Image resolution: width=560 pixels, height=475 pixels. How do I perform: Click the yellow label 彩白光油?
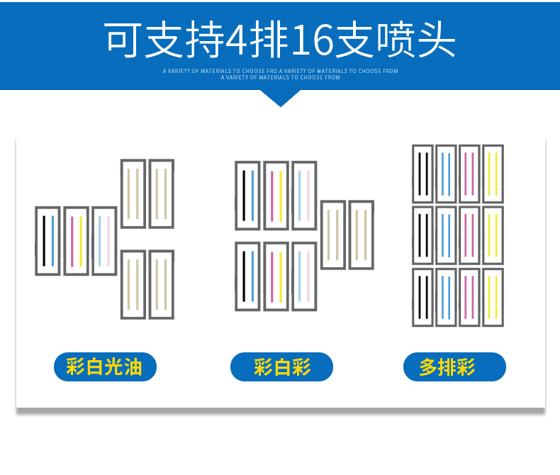[104, 367]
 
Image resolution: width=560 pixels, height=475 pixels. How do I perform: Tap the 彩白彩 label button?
[281, 367]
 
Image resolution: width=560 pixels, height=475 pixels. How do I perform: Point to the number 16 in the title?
[311, 41]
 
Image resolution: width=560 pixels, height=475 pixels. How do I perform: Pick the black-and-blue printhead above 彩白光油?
[47, 241]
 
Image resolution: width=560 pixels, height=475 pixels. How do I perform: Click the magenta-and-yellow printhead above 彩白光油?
[76, 241]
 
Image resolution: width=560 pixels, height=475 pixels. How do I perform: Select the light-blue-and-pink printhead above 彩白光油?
[104, 241]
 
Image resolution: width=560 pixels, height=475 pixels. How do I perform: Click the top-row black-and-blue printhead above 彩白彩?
[247, 195]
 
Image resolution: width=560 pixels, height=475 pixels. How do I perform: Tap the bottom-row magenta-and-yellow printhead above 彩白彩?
[276, 276]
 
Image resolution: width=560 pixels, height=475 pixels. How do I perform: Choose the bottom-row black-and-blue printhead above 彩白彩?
[247, 276]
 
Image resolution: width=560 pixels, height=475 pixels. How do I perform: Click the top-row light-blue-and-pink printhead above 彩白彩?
[304, 195]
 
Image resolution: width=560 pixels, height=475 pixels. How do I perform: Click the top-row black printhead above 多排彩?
[422, 174]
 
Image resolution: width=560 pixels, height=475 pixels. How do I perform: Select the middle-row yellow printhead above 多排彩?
[493, 235]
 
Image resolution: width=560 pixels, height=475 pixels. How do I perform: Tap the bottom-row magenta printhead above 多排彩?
[469, 297]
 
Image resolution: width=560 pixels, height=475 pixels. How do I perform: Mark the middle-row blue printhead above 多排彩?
[446, 235]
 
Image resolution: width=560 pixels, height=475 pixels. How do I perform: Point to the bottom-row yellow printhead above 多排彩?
[493, 297]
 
